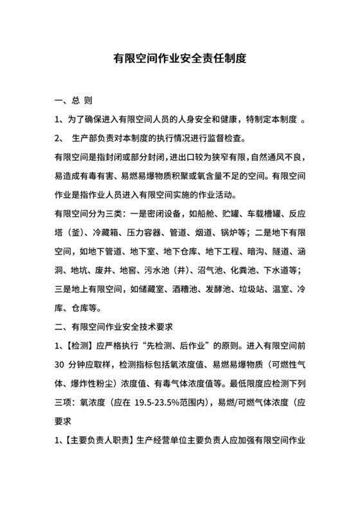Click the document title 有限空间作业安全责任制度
pos(179,58)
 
